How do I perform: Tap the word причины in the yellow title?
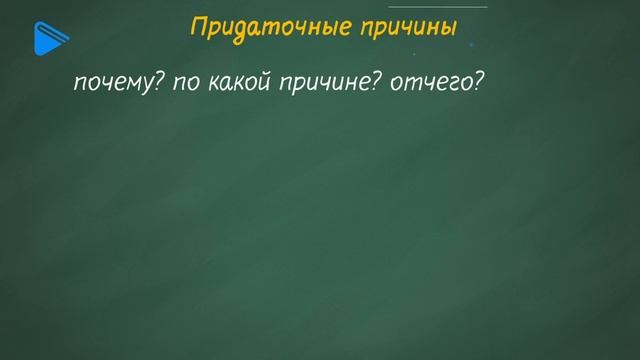tap(407, 30)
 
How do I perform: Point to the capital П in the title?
tap(198, 29)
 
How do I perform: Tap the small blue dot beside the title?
tap(470, 45)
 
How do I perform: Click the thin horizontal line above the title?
tap(438, 7)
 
